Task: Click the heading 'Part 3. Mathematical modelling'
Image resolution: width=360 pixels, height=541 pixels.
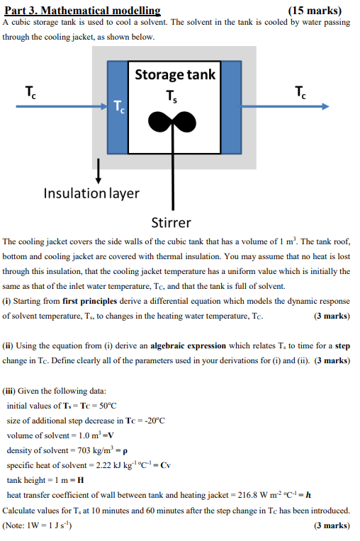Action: (x=82, y=11)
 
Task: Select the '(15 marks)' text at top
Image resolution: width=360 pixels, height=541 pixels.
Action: (x=315, y=11)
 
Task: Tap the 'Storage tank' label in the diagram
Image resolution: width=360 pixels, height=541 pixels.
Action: (x=174, y=74)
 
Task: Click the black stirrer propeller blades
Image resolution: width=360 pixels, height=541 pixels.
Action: (x=170, y=124)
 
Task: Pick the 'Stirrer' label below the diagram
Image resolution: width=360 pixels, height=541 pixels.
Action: (x=171, y=222)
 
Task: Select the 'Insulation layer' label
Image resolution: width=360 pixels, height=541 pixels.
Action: (x=91, y=193)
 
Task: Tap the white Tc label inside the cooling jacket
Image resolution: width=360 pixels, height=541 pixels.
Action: (x=119, y=108)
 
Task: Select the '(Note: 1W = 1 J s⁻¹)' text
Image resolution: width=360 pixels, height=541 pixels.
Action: (x=42, y=525)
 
